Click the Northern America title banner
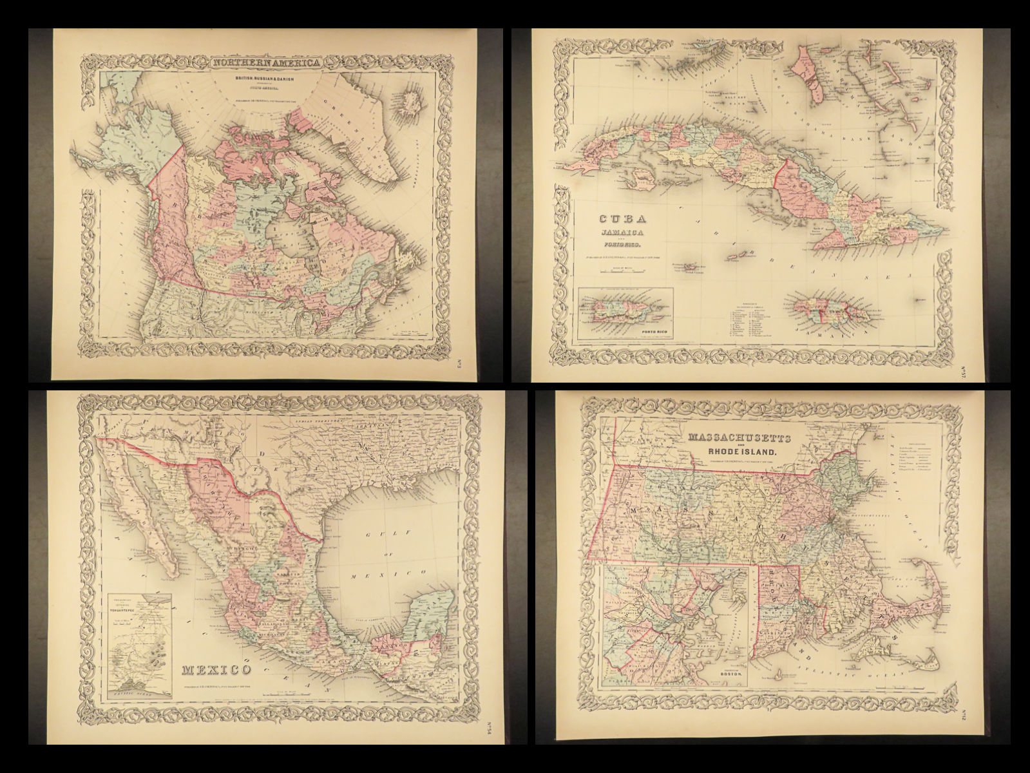pos(266,63)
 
